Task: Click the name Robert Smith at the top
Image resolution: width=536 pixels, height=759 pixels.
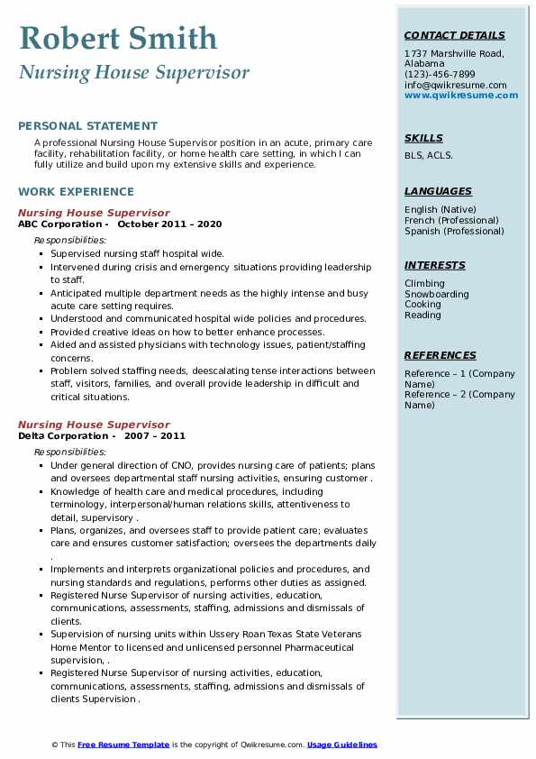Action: [x=117, y=38]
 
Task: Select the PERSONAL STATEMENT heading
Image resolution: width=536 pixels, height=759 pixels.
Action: [x=87, y=126]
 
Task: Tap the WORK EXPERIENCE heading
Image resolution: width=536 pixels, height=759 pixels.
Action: [x=76, y=192]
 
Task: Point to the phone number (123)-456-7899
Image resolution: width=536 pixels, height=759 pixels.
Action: [x=440, y=75]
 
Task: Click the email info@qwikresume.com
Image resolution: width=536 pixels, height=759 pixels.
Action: [x=455, y=86]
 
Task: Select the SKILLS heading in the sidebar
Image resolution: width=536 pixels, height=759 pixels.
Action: [x=423, y=138]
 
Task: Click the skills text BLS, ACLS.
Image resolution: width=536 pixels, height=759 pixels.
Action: [x=429, y=155]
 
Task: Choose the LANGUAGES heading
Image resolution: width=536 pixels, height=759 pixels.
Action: [x=438, y=191]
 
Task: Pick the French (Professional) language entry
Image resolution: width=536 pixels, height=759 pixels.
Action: [x=451, y=220]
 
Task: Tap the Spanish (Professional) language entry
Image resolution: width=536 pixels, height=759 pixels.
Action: [x=454, y=231]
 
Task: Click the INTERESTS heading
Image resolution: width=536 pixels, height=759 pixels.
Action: [x=435, y=265]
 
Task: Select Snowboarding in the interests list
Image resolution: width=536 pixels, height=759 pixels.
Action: [x=436, y=294]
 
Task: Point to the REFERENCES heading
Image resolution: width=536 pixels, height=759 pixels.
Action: [x=439, y=355]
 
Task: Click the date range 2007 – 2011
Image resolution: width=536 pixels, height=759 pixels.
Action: [x=155, y=436]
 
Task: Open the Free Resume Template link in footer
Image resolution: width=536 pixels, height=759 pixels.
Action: [x=123, y=745]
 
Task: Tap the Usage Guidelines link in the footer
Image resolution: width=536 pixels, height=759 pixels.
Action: [x=341, y=745]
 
